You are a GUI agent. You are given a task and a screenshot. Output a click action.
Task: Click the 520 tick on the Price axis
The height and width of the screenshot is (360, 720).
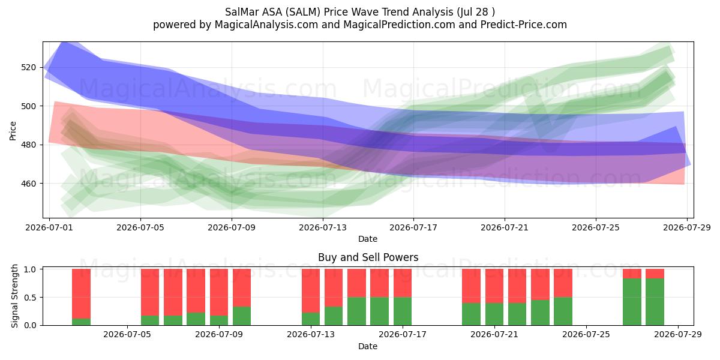[x=28, y=67]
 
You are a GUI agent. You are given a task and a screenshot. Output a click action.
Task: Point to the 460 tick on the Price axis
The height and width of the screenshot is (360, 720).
[x=28, y=184]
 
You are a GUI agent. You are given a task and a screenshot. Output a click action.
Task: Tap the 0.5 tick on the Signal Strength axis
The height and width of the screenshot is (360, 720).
[x=30, y=298]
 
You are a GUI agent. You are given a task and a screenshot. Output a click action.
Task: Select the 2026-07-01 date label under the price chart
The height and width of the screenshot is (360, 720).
[x=49, y=227]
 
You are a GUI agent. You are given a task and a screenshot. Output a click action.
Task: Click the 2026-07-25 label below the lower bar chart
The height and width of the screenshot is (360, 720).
[x=586, y=334]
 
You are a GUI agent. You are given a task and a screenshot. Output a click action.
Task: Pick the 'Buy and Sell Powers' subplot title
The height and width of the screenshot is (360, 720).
[x=368, y=257]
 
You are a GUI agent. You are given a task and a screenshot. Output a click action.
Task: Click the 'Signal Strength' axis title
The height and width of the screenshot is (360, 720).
[x=14, y=296]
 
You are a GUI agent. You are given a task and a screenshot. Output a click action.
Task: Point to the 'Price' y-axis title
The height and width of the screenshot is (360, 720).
[x=13, y=131]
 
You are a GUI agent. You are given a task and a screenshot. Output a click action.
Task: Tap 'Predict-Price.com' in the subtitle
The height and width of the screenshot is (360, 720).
[x=524, y=25]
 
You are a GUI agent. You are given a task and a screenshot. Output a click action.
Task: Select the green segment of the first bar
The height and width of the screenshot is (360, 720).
[x=82, y=322]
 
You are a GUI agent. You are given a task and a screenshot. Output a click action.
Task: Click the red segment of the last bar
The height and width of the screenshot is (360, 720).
[x=655, y=274]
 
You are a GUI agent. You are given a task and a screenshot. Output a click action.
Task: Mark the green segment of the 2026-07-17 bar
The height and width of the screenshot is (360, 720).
[x=403, y=311]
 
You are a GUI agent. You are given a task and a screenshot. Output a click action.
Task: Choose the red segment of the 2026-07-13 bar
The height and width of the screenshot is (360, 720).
[x=311, y=290]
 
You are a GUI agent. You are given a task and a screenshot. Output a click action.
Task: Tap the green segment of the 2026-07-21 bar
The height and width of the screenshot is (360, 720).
[x=494, y=314]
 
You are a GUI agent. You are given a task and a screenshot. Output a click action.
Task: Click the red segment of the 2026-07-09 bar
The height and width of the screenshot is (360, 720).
[x=219, y=292]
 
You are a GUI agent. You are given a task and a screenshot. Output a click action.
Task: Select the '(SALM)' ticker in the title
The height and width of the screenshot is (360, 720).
[x=304, y=12]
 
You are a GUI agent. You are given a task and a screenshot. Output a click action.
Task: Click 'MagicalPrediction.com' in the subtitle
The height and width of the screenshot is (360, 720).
[x=399, y=25]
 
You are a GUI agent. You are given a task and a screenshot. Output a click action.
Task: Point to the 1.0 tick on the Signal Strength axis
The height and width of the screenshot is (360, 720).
[x=30, y=269]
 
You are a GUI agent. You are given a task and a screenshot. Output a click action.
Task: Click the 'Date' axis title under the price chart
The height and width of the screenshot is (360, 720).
[x=368, y=239]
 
